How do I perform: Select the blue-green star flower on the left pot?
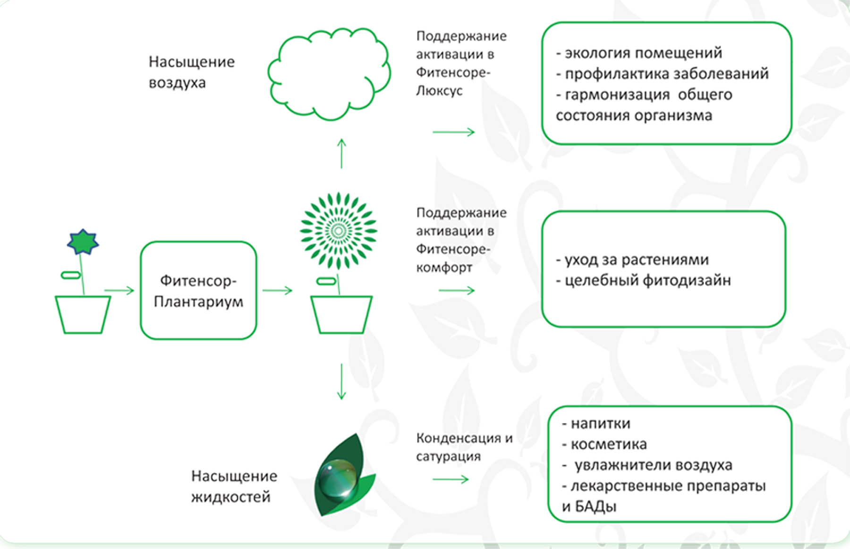coord(83,242)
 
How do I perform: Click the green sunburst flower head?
coord(338,231)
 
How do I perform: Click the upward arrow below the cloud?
coord(341,153)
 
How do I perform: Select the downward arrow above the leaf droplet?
coord(341,381)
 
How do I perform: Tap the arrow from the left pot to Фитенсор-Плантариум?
coord(119,290)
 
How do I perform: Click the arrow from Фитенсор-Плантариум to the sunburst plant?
coord(278,290)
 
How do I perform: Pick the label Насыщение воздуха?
coord(191,72)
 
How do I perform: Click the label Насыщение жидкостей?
coord(234,486)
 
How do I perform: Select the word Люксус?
coord(439,91)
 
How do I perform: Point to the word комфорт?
coord(444,268)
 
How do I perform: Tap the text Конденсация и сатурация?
coord(464,447)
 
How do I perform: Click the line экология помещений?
coord(639,53)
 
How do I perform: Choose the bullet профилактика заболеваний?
coord(662,74)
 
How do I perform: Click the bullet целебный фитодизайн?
coord(643,280)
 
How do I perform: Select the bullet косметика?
coord(604,444)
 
